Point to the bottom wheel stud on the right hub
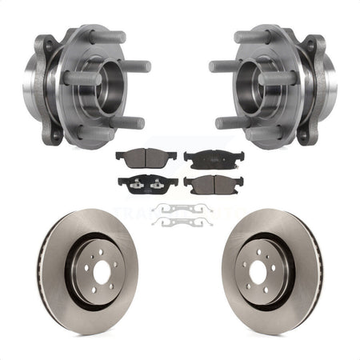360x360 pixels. pos(230,122)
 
